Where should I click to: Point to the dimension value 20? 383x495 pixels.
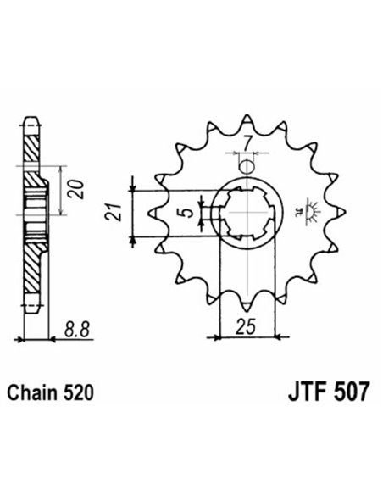[x=76, y=184]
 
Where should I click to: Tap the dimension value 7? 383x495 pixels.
[x=245, y=142]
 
